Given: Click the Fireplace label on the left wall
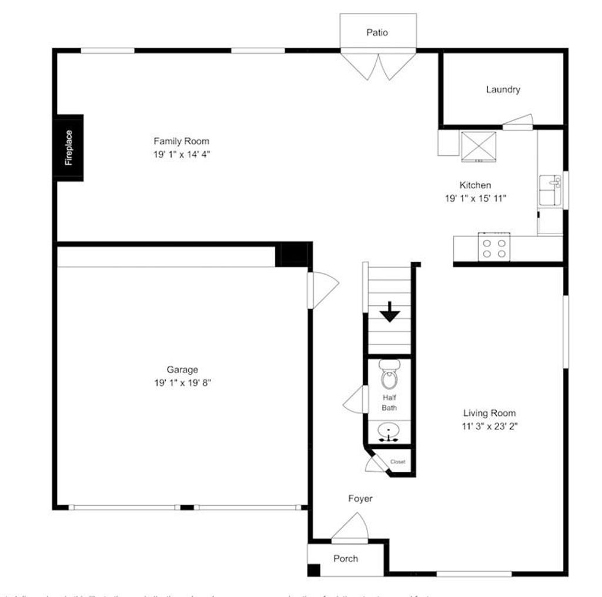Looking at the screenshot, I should coord(69,148).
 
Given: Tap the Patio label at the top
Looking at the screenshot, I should coord(377,33).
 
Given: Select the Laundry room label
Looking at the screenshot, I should coord(503,90).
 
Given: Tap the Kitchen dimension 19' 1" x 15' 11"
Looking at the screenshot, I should coord(475,199).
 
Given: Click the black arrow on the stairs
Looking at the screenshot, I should coord(389,312).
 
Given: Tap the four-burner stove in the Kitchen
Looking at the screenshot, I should coord(493,247).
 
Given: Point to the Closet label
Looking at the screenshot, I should coord(398,462).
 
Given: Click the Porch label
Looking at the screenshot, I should coord(346,559).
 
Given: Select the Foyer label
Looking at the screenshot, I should coord(360,499).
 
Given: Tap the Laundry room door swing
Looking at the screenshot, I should coord(518,121).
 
